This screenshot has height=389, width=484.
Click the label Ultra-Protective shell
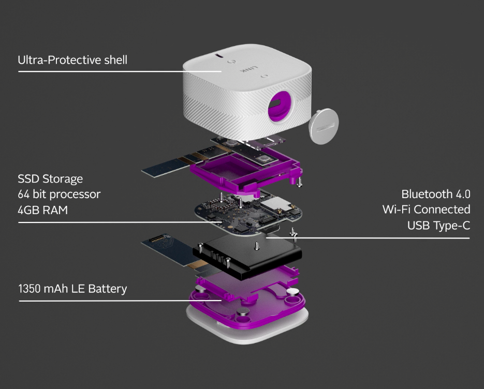[x=72, y=60]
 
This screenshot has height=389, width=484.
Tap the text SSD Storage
[x=50, y=179]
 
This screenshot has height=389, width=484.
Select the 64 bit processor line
[x=59, y=194]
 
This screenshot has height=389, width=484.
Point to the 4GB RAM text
[x=42, y=210]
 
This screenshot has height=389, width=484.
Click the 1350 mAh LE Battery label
[x=72, y=288]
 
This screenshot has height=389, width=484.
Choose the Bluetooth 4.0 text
[x=435, y=194]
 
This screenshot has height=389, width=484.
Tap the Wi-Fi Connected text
[x=426, y=210]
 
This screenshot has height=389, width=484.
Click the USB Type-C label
[x=438, y=225]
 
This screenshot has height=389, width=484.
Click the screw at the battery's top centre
[x=258, y=246]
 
